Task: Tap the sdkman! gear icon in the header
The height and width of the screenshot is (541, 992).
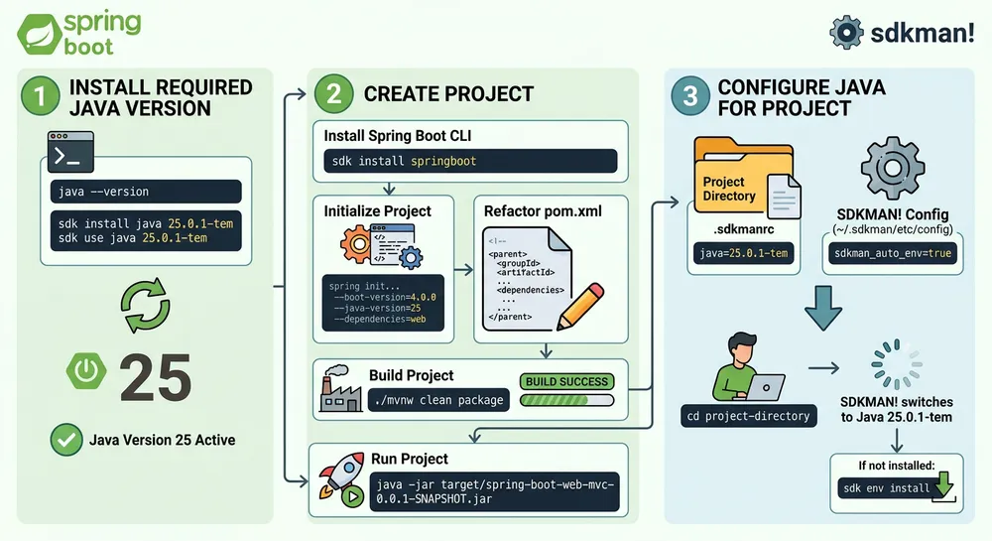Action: [x=846, y=33]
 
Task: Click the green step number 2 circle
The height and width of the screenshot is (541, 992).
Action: [x=330, y=93]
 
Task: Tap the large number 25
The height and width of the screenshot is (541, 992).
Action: [x=156, y=376]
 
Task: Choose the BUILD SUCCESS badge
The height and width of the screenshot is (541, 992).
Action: [x=567, y=381]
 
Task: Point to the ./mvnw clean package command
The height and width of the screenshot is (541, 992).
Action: [x=439, y=401]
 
